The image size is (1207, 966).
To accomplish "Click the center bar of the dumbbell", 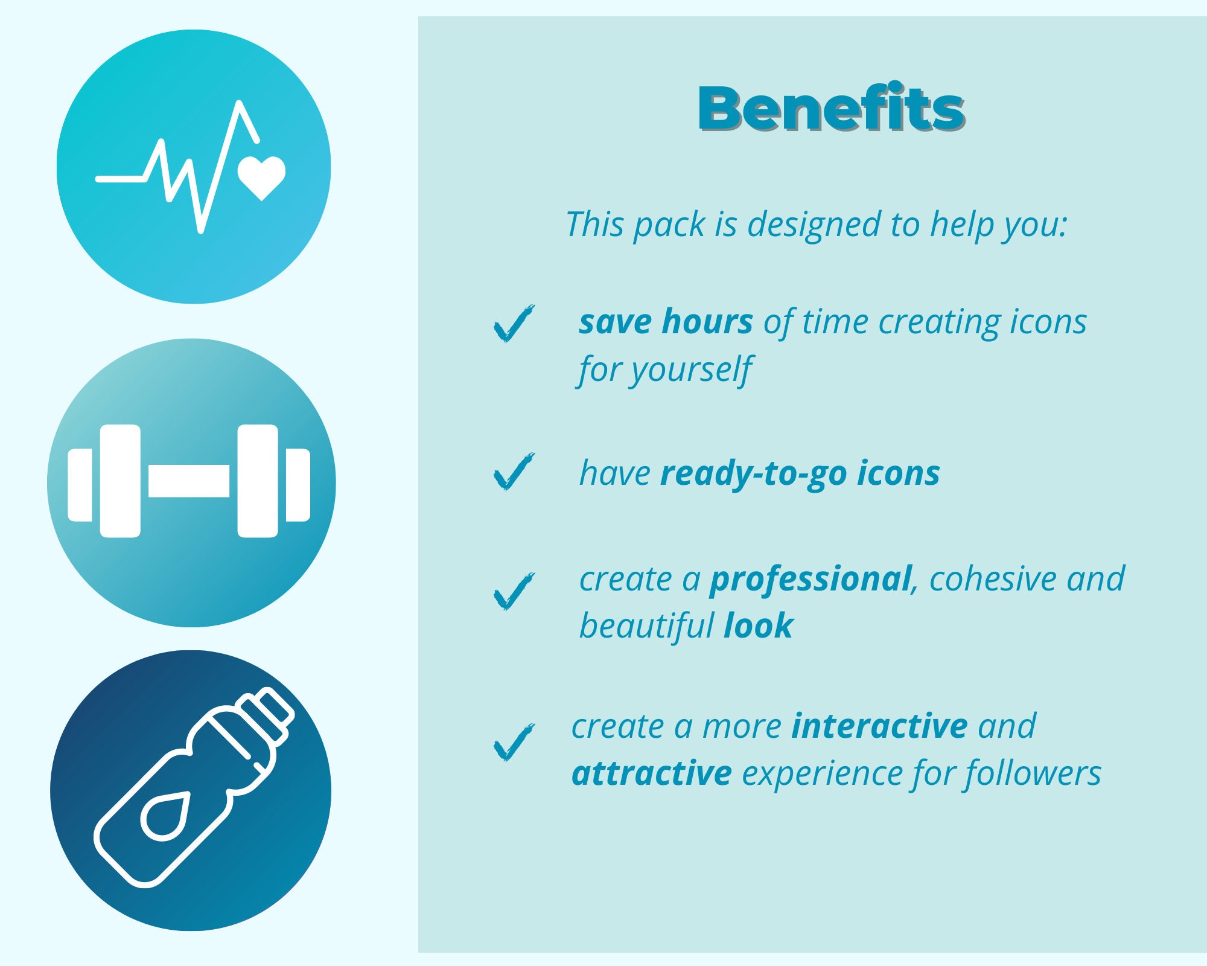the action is [189, 481].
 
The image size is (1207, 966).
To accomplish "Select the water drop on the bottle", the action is [165, 816].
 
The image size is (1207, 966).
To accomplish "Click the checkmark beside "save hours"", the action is [514, 324].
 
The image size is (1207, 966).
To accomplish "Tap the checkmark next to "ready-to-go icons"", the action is [514, 472].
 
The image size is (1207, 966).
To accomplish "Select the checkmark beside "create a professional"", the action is [514, 592].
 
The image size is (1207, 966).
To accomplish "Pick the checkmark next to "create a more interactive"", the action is [514, 743].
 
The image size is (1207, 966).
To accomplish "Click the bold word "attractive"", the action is [652, 773].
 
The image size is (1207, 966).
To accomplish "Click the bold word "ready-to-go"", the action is [754, 473].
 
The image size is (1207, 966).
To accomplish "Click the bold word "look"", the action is [759, 625].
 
